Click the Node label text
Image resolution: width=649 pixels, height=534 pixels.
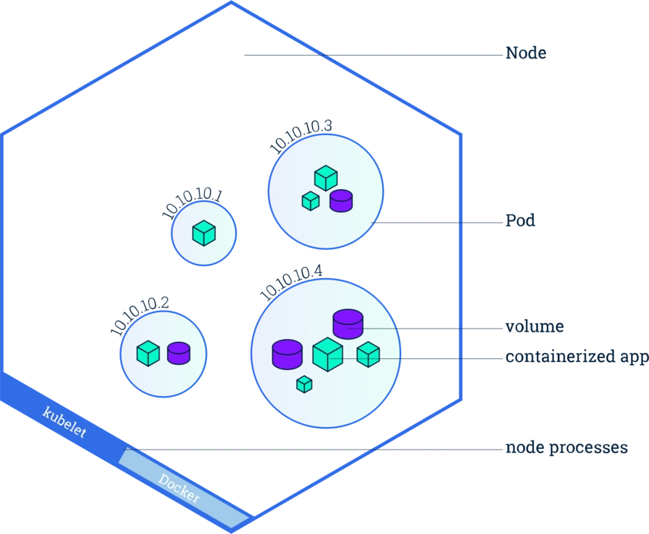(x=527, y=52)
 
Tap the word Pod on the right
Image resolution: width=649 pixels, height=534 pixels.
(x=521, y=221)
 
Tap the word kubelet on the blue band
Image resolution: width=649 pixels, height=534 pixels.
(x=65, y=421)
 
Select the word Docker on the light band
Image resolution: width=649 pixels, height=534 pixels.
(x=179, y=488)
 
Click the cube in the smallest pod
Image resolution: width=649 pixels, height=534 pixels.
(x=203, y=233)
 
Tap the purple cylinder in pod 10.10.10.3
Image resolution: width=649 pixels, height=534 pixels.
(x=341, y=201)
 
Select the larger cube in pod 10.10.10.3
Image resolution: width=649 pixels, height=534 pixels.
(x=326, y=178)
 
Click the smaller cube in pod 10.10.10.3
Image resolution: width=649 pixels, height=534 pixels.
(x=310, y=200)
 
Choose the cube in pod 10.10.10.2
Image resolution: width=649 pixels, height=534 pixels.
(x=148, y=353)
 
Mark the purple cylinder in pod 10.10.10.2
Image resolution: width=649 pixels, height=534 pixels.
(x=179, y=352)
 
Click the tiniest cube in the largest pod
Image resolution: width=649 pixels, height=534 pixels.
(x=304, y=384)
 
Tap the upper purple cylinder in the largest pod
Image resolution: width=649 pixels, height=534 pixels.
(x=348, y=323)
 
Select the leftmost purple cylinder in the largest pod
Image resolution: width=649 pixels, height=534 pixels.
(x=287, y=354)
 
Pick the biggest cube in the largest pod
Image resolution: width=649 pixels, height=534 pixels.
(x=327, y=354)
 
